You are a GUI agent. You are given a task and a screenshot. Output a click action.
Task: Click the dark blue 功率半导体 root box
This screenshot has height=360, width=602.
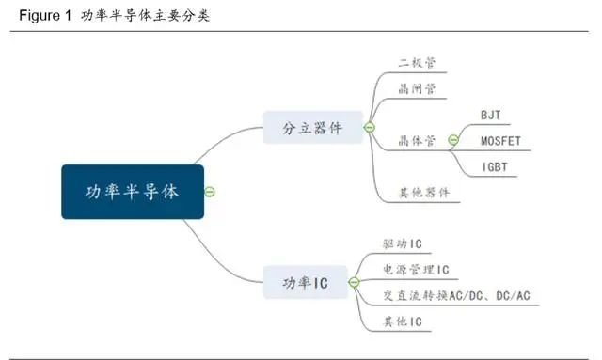click(133, 192)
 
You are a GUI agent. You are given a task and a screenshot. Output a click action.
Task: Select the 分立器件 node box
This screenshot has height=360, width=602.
click(312, 128)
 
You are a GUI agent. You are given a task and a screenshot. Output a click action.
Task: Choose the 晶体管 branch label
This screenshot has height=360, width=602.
click(417, 141)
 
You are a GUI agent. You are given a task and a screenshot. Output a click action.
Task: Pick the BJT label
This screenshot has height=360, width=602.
click(490, 115)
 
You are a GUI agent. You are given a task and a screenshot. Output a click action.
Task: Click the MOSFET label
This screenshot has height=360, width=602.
click(499, 141)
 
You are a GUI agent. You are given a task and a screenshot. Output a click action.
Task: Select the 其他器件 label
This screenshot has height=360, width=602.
click(424, 193)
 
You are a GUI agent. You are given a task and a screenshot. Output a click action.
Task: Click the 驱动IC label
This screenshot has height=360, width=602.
click(403, 244)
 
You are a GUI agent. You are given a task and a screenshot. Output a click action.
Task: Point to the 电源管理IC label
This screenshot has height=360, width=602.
click(416, 270)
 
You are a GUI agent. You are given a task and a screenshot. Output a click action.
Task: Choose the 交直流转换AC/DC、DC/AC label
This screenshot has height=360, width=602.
click(462, 296)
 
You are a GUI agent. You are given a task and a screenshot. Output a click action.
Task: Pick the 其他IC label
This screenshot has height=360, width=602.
click(403, 322)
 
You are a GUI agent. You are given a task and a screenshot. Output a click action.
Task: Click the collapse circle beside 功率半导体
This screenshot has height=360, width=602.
click(211, 192)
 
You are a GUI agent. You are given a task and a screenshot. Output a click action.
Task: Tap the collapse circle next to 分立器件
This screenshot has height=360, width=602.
click(370, 128)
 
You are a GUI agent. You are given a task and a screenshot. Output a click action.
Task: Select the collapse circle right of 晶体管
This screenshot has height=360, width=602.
click(452, 141)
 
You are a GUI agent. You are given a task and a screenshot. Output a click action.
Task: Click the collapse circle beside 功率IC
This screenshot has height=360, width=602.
click(354, 281)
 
